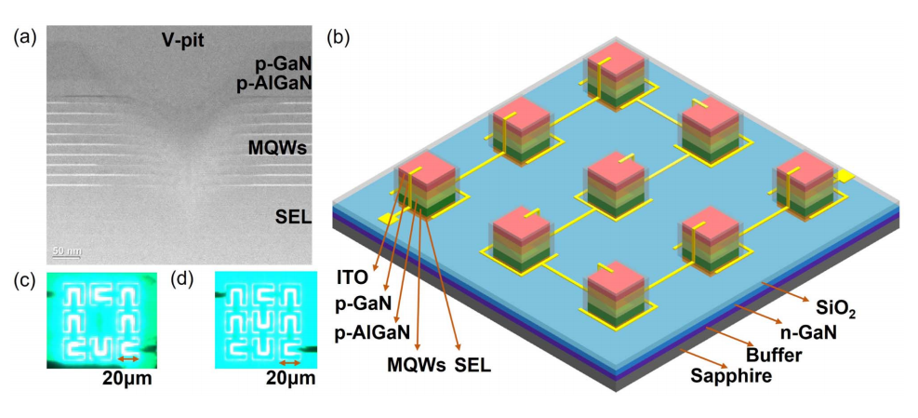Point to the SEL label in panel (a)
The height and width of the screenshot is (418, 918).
point(294,218)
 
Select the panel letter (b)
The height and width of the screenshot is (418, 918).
point(337,38)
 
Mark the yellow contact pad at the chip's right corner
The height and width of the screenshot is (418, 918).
point(845,175)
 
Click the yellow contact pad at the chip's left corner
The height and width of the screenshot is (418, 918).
point(384,218)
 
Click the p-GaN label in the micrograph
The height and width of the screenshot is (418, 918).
point(286,65)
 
